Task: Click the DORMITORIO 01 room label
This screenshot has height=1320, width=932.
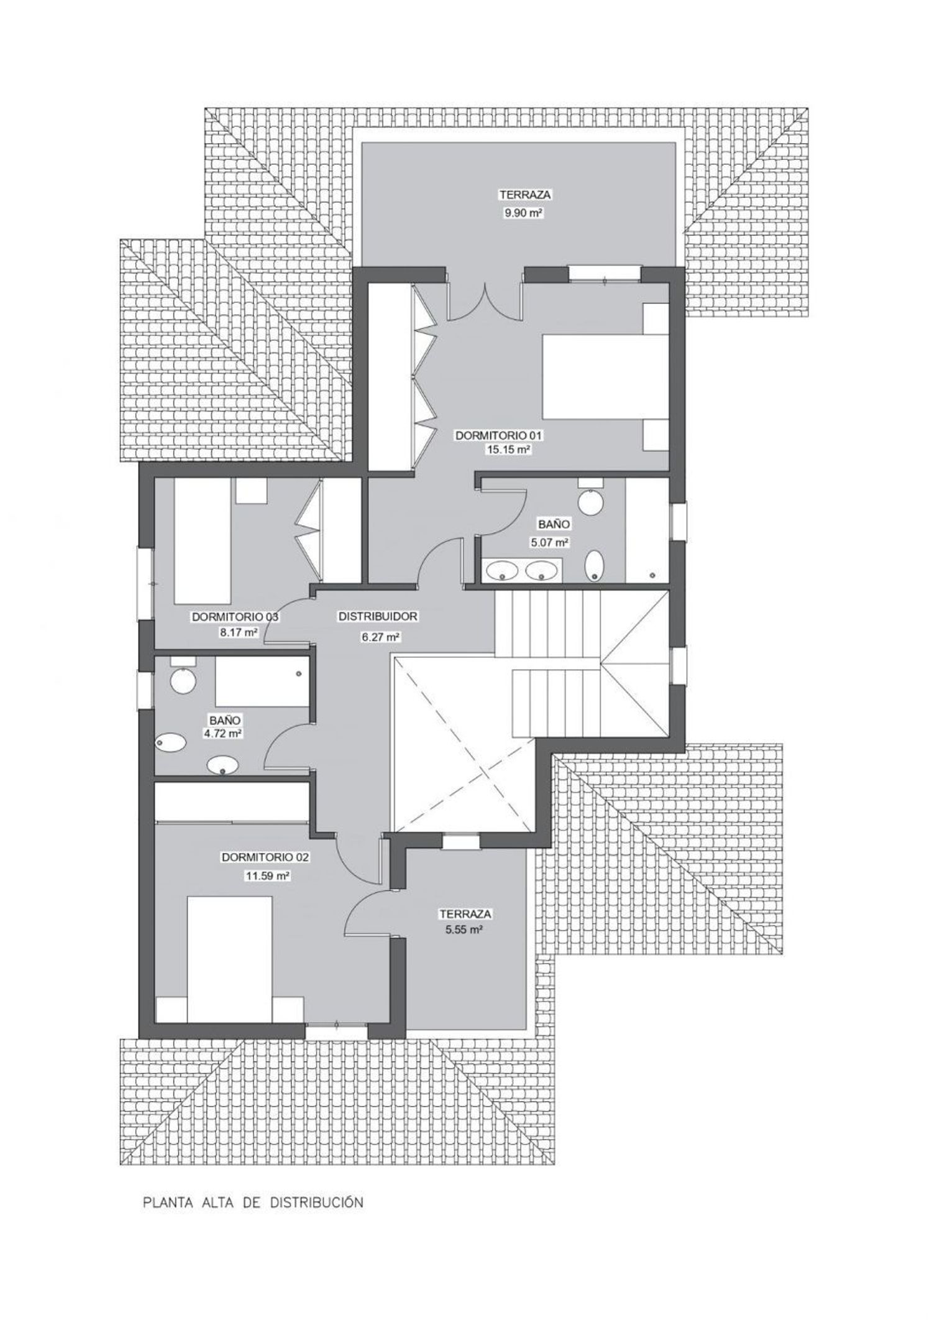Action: tap(503, 436)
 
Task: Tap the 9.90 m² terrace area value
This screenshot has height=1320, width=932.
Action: tap(524, 213)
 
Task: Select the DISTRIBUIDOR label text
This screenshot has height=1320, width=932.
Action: tap(378, 617)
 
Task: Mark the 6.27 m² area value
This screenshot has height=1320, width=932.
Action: tap(378, 636)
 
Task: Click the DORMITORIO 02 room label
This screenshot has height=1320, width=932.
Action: tap(265, 857)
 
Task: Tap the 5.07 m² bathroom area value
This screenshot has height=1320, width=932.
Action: tap(550, 542)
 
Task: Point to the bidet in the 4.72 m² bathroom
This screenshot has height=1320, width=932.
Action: tap(171, 742)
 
